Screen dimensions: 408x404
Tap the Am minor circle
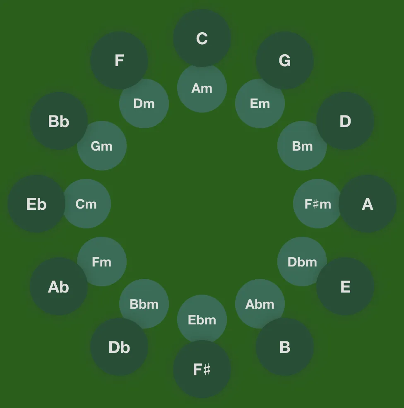pyautogui.click(x=202, y=88)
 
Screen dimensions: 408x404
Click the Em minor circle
pyautogui.click(x=260, y=103)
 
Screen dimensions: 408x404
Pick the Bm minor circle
pyautogui.click(x=302, y=146)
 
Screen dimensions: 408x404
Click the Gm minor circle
pyautogui.click(x=102, y=146)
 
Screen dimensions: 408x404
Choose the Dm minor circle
pyautogui.click(x=144, y=103)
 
